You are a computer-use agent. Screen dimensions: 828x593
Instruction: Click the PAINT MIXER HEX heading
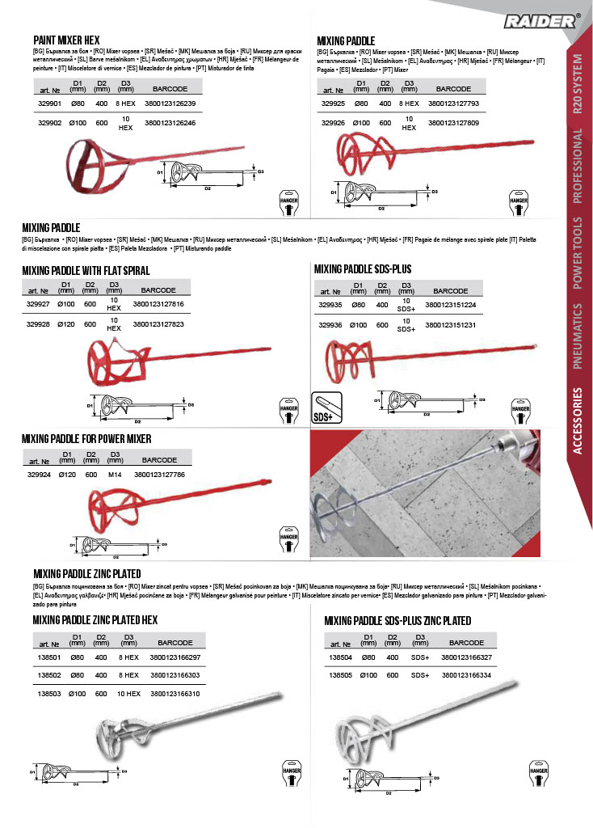point(66,39)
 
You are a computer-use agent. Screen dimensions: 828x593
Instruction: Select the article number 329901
point(49,103)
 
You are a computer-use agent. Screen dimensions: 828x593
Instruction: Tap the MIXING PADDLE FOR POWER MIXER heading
point(86,439)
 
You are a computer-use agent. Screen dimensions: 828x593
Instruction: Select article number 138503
point(49,694)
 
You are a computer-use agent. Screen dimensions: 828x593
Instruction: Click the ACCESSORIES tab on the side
point(578,432)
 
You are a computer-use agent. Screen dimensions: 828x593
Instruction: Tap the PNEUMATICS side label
point(578,335)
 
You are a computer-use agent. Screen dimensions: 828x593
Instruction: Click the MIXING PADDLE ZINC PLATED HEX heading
point(95,619)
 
